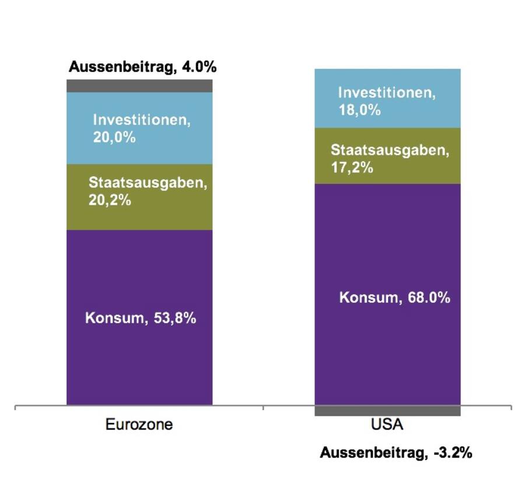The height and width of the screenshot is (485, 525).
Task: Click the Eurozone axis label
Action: (139, 424)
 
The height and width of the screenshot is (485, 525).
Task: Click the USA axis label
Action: (387, 424)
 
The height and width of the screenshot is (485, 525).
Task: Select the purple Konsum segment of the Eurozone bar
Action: (139, 362)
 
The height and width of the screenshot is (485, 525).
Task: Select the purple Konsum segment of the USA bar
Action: (387, 350)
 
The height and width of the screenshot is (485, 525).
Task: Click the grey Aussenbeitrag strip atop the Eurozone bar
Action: (139, 86)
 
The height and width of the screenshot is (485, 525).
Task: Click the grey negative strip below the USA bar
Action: (387, 411)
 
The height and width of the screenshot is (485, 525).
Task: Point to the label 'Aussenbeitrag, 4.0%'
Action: (142, 67)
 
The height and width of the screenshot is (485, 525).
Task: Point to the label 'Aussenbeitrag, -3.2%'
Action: (396, 452)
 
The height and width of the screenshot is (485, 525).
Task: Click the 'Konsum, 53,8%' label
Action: (141, 319)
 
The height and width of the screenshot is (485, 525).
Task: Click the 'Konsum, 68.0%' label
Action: (394, 298)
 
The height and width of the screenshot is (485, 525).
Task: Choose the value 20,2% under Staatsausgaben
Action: (110, 200)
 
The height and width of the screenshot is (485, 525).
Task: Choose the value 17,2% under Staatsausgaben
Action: (351, 168)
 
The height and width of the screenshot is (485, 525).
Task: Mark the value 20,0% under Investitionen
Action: (114, 138)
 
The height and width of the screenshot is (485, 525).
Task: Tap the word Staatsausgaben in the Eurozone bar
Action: (148, 183)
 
